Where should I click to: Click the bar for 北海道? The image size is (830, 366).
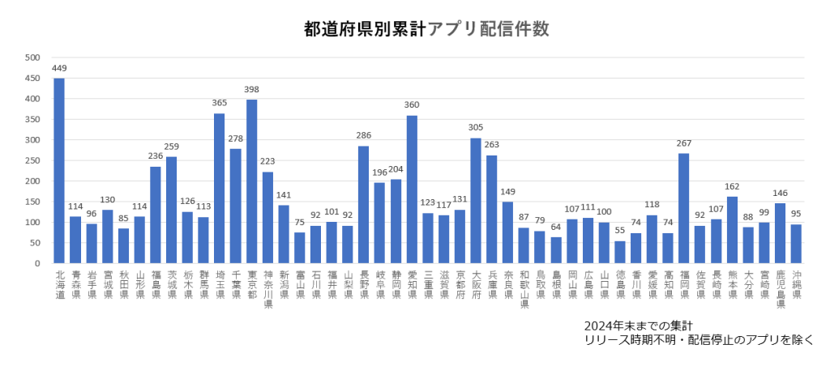(59, 171)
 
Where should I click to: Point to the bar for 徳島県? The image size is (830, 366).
(620, 252)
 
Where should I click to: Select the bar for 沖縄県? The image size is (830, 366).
(796, 244)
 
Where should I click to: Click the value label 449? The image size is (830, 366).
(59, 68)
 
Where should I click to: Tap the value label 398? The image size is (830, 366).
(251, 89)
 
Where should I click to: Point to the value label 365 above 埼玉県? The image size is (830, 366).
(220, 103)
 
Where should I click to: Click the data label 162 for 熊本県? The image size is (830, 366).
(732, 186)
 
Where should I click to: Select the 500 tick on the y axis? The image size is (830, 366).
(32, 57)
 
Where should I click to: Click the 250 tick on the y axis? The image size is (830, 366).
(32, 160)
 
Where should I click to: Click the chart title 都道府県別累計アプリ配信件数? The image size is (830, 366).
(426, 29)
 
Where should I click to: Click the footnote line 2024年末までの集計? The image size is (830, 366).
(640, 326)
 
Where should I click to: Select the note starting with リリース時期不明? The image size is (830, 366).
(698, 341)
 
